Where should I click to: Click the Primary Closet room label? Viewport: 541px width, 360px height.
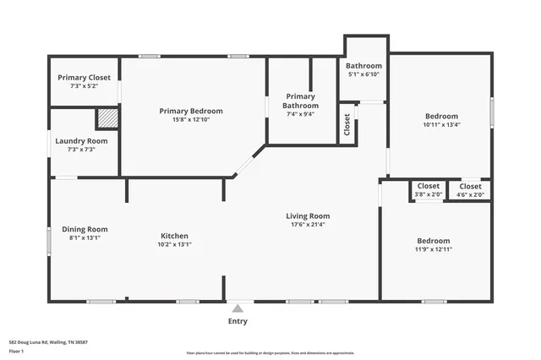84,77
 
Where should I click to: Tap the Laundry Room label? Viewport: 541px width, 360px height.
81,140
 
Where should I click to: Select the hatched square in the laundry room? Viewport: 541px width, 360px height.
107,118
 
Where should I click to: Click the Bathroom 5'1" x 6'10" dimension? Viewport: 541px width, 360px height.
364,74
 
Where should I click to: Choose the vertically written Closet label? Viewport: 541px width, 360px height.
347,124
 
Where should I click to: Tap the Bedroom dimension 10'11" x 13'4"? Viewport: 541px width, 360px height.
441,125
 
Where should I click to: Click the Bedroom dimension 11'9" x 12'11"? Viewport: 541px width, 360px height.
433,249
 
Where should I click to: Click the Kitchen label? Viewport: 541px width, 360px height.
175,236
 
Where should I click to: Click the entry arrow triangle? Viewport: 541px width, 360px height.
238,308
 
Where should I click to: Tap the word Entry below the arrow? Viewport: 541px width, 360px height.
238,321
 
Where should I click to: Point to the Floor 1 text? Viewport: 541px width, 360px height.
16,350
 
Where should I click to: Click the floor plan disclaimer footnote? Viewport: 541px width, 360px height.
270,353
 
